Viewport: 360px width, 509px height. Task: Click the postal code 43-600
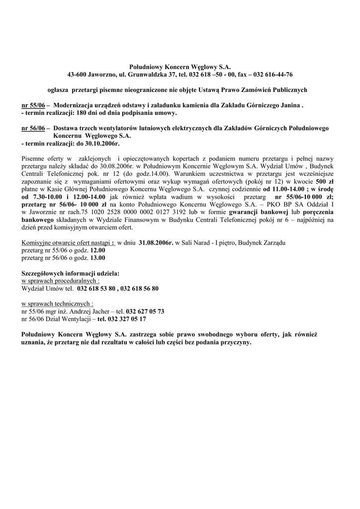(x=77, y=75)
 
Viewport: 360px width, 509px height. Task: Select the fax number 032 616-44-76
(x=273, y=75)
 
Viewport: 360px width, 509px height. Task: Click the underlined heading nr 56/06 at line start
(x=33, y=128)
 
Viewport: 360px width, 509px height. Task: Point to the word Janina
(x=290, y=106)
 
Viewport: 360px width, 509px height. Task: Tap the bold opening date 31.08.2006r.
(x=156, y=243)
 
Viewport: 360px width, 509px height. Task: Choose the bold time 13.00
(x=97, y=258)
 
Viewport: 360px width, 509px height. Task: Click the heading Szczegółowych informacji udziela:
(x=71, y=273)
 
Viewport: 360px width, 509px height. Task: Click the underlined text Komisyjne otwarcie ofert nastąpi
(x=67, y=243)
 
